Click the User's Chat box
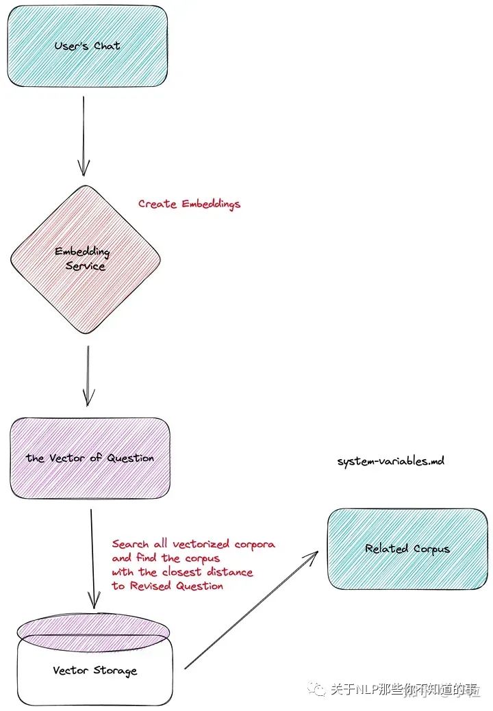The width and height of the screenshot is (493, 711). [87, 46]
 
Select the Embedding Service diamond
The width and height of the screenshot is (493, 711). [86, 259]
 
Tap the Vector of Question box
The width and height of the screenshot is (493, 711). [90, 458]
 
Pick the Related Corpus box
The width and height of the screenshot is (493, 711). [407, 548]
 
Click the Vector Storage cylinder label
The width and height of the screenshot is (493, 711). [94, 670]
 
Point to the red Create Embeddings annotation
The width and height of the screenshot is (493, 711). [189, 204]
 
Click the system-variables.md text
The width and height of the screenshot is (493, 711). [390, 461]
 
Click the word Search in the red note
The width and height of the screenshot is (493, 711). [130, 544]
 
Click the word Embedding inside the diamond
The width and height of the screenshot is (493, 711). [82, 252]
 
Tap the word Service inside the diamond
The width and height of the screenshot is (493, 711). [86, 266]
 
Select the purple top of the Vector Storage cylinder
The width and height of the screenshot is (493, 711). [92, 625]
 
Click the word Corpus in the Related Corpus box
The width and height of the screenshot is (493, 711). [431, 549]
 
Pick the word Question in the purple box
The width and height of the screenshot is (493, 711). [130, 458]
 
